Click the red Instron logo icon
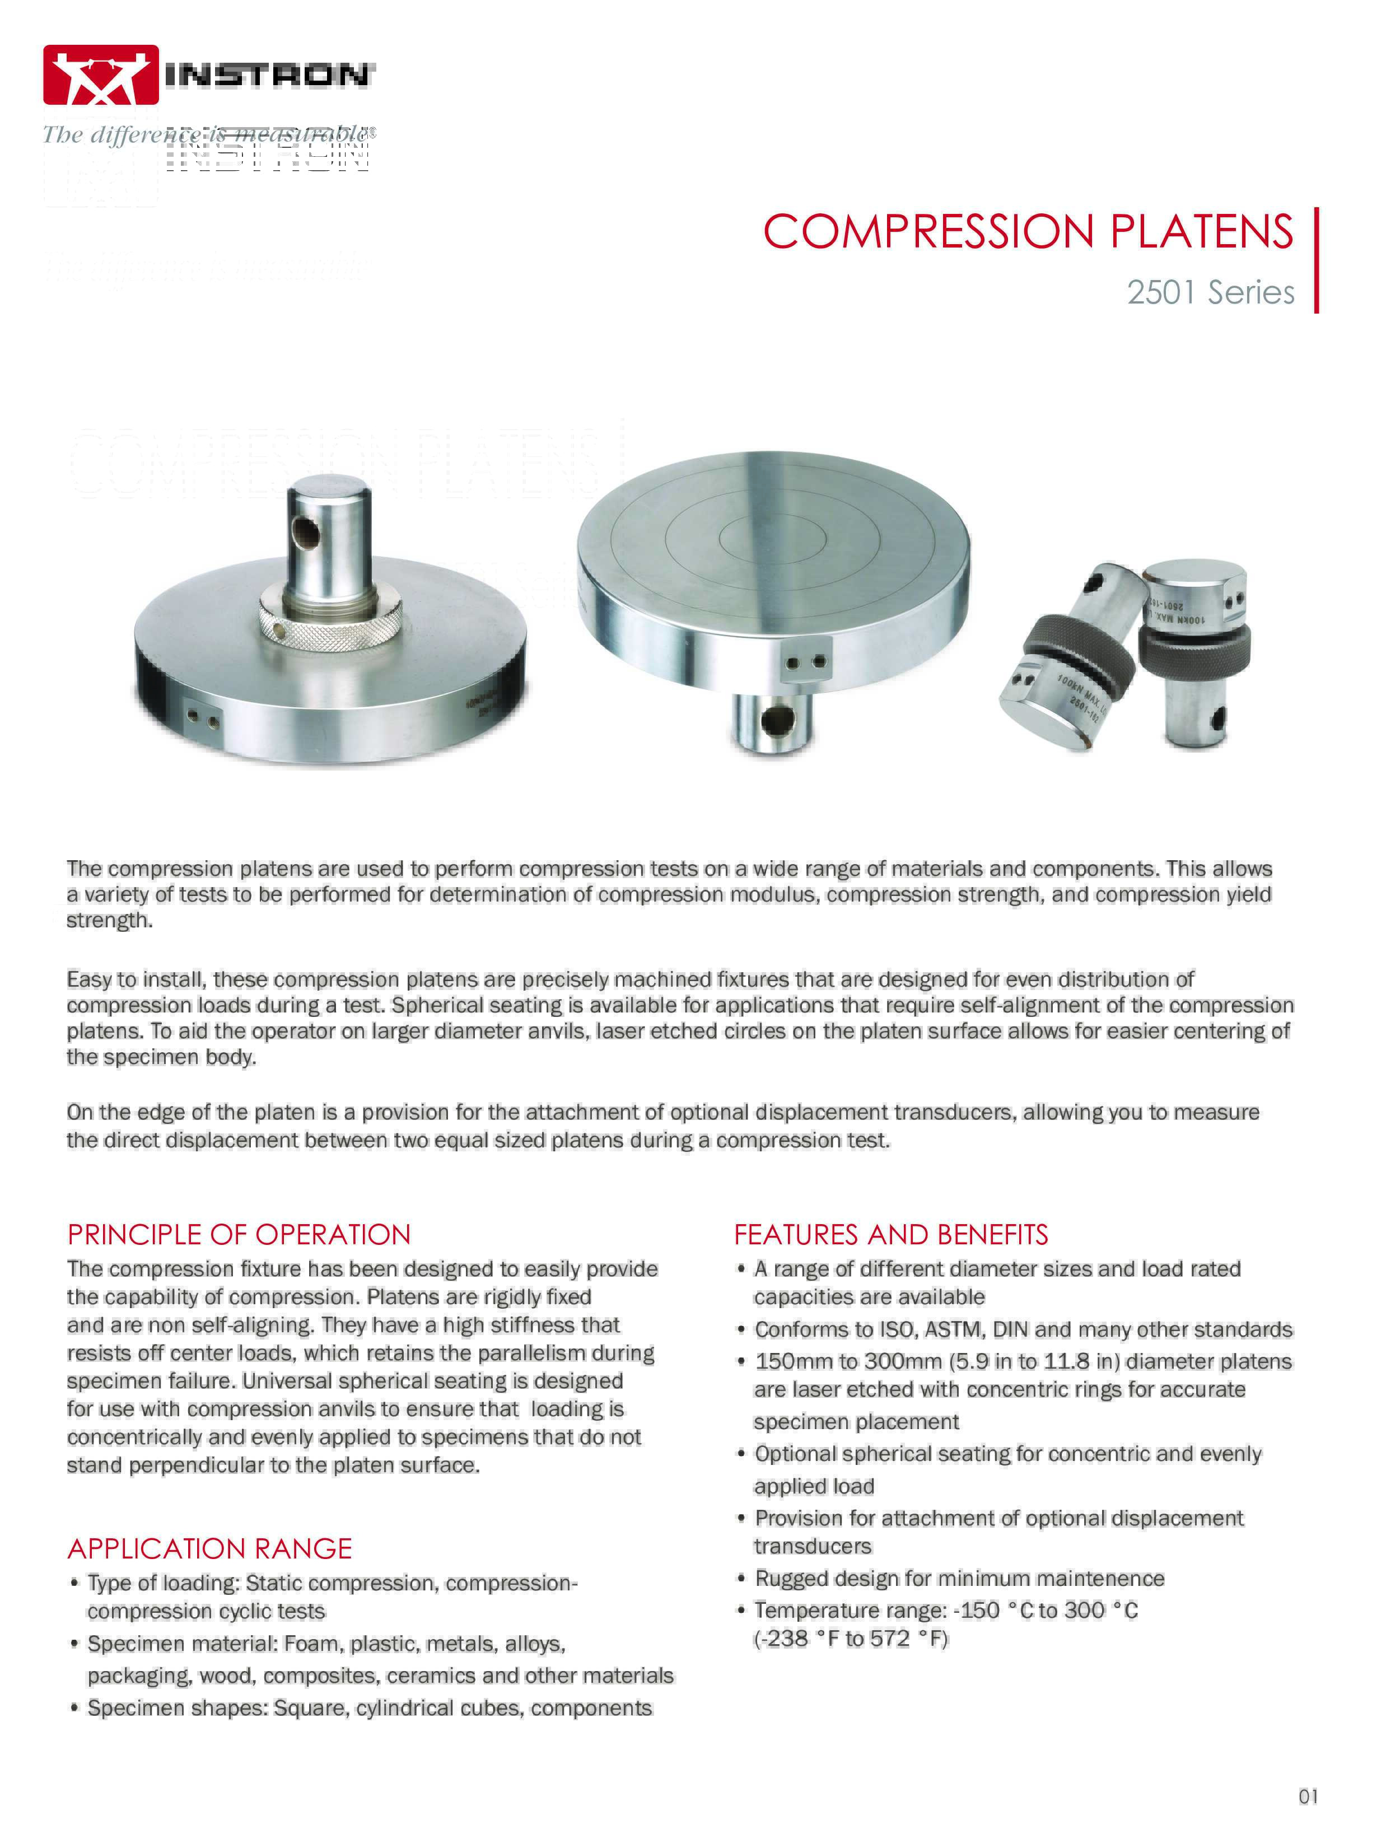coord(100,75)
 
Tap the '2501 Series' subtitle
coord(1210,292)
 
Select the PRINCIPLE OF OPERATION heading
coord(239,1235)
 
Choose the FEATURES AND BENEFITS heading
coord(890,1235)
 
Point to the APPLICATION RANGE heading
coord(209,1548)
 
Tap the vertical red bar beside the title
coord(1317,260)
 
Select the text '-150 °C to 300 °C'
coord(1046,1610)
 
